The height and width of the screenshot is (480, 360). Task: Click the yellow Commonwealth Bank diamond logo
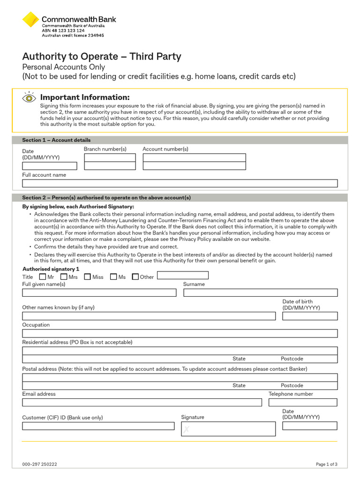click(x=30, y=20)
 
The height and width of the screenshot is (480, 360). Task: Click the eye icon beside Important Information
click(x=29, y=98)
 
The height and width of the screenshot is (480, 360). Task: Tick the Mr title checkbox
click(x=43, y=277)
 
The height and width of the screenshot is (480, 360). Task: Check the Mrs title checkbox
click(x=64, y=277)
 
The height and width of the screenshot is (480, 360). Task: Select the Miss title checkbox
click(x=87, y=277)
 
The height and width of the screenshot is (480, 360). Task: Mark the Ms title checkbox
click(x=113, y=277)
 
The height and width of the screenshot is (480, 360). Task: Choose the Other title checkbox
click(x=135, y=277)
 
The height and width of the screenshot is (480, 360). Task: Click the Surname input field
click(x=260, y=292)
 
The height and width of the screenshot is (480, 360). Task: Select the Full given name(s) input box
click(x=99, y=292)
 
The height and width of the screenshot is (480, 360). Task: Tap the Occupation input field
click(x=180, y=333)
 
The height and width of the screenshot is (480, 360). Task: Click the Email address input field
click(x=142, y=402)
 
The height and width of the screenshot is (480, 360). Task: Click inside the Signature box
click(x=228, y=428)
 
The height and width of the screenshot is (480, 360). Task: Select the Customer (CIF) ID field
click(x=98, y=426)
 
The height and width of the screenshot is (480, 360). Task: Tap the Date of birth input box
click(x=309, y=316)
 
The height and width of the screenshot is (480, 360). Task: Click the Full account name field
click(x=180, y=183)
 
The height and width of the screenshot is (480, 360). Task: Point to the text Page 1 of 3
click(x=326, y=465)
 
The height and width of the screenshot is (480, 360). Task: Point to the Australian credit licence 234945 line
click(x=73, y=35)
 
